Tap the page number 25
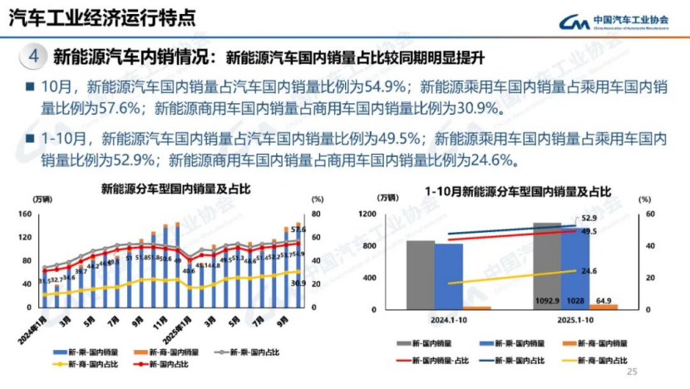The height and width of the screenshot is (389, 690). coord(631,372)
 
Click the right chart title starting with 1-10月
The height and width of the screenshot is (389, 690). coord(516,192)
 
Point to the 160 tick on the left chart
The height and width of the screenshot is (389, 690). coord(24,214)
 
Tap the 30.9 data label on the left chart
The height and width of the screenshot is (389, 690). coord(298,283)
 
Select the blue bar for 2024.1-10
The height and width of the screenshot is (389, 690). coord(449,276)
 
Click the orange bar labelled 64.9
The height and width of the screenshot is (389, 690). coord(604,306)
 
